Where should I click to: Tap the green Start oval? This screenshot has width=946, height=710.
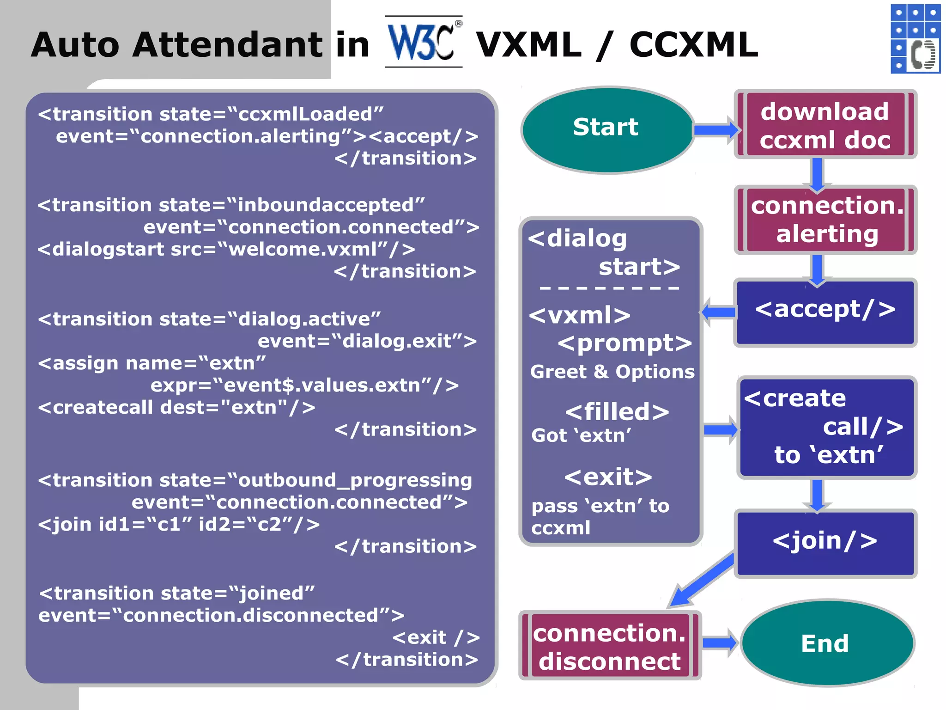pyautogui.click(x=606, y=129)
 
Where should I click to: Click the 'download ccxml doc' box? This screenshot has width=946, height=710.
pyautogui.click(x=825, y=125)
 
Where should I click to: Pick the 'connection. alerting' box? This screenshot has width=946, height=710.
pyautogui.click(x=825, y=220)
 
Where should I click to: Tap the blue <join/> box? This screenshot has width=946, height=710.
pyautogui.click(x=825, y=543)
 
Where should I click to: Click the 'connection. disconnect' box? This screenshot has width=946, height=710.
pyautogui.click(x=610, y=645)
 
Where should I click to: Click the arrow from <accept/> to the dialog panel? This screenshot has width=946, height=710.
pyautogui.click(x=718, y=312)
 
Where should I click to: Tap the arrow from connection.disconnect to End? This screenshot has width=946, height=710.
pyautogui.click(x=720, y=643)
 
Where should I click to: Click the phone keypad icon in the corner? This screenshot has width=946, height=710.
pyautogui.click(x=915, y=39)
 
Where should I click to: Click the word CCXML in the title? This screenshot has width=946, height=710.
pyautogui.click(x=693, y=45)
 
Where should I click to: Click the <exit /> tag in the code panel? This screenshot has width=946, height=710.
pyautogui.click(x=436, y=637)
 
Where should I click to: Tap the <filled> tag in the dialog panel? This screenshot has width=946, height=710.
pyautogui.click(x=617, y=411)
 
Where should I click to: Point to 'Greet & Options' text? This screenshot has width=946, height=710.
pyautogui.click(x=612, y=372)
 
